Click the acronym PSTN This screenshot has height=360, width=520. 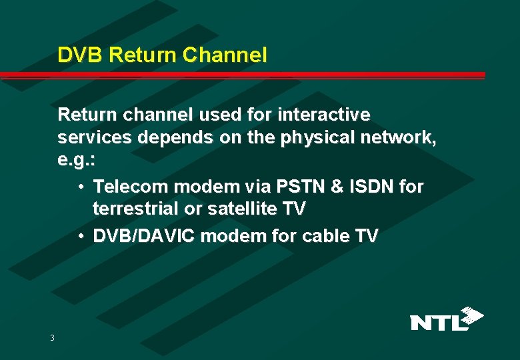310,186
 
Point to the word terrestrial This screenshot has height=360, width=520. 136,209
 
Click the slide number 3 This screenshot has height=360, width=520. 52,338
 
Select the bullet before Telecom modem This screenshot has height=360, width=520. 80,186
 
